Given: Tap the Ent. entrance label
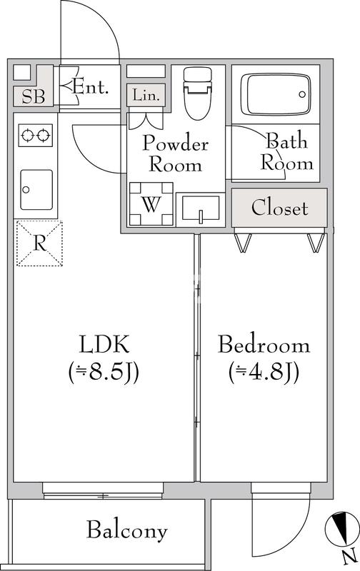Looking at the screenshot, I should [x=91, y=88].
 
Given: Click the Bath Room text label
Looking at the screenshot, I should [x=287, y=151].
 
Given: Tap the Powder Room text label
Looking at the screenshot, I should [x=175, y=153].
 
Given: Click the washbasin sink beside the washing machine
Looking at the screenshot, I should [x=200, y=209].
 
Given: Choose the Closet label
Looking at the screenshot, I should [x=279, y=208].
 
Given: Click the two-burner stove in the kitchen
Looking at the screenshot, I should [x=36, y=135].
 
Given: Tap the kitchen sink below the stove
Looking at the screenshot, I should [x=36, y=189].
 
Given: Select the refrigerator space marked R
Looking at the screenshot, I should [x=39, y=243].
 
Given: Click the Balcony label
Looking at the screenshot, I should [x=127, y=530].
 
